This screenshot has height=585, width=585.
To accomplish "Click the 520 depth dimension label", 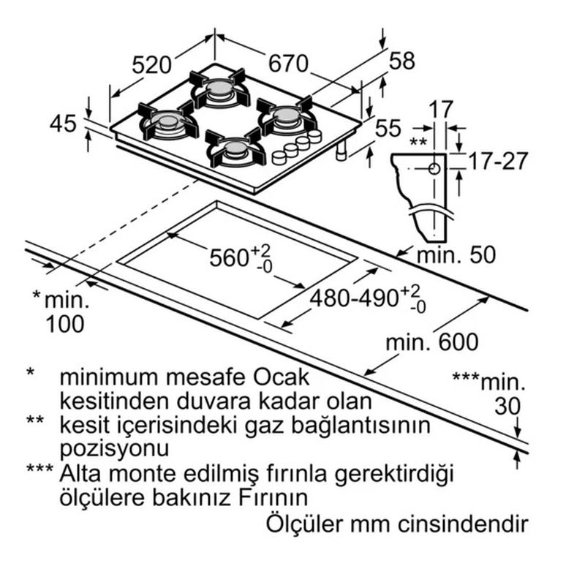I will tap(152, 66).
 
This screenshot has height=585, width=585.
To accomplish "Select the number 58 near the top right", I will tap(401, 61).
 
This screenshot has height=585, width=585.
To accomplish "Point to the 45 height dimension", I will tap(63, 124).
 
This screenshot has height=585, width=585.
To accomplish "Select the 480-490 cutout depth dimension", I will tap(357, 298).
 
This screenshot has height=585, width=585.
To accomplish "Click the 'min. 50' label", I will tap(456, 254).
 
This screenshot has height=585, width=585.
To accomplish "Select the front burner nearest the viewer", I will tap(234, 149).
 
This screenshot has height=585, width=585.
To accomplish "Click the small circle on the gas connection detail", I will tap(434, 169).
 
